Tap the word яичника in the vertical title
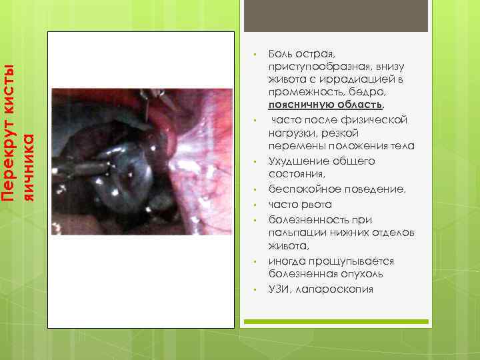28,167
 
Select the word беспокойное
299,189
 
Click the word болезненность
305,219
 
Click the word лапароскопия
332,289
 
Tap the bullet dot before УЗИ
255,289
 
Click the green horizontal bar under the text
335,322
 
